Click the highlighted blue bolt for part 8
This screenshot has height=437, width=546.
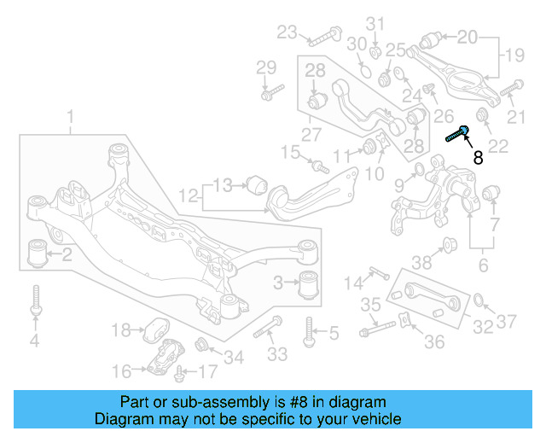click(458, 133)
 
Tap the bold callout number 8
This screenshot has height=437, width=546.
click(478, 157)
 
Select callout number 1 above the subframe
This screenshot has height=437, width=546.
click(71, 115)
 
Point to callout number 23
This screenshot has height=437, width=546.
click(286, 33)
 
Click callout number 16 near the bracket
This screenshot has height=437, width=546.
click(122, 370)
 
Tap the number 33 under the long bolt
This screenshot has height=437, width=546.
click(277, 353)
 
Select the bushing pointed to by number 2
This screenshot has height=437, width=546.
click(37, 253)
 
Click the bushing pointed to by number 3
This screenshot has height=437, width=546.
click(312, 282)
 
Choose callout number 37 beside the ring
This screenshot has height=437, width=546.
click(508, 322)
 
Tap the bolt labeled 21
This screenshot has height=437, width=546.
click(511, 88)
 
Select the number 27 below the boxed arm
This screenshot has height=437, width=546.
click(312, 134)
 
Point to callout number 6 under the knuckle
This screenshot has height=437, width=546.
click(483, 265)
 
